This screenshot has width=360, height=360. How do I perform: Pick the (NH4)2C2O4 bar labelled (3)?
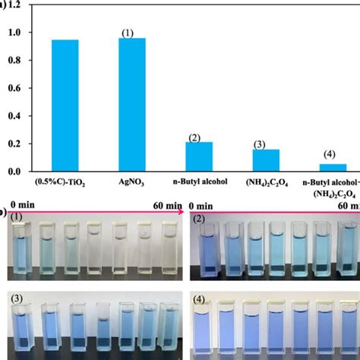pos(266,159)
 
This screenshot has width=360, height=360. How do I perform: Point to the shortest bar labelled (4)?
pos(332,167)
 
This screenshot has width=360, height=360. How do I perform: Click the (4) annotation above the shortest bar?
pos(328,154)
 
